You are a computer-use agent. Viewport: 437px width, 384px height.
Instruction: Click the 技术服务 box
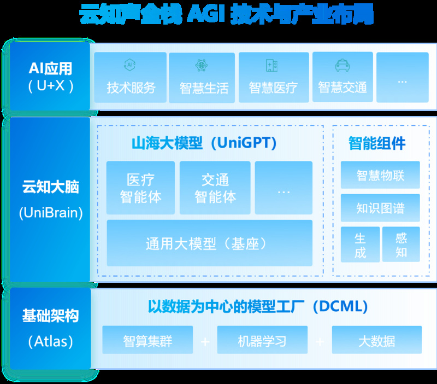coord(130,77)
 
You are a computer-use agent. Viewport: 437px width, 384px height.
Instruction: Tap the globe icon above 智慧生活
coord(201,65)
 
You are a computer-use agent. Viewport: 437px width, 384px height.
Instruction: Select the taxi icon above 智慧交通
coord(342,65)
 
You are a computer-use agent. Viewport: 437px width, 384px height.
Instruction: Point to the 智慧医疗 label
coord(273,88)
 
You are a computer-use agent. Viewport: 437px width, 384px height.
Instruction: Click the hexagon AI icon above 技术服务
coord(129,65)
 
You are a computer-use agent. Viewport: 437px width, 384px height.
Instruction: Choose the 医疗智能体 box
coord(140,188)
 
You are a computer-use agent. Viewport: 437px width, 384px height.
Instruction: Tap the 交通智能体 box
coord(215,188)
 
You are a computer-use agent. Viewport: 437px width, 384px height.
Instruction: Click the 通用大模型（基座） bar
coord(210,243)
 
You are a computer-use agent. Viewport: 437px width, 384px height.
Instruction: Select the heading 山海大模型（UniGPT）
coord(204,143)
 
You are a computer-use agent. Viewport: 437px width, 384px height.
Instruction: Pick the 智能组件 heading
coord(377,143)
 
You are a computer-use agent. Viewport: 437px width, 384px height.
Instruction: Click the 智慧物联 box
coord(380,175)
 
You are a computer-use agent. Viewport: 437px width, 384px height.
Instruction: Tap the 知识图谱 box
coord(380,208)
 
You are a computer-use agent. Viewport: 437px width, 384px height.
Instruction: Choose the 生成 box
coord(360,245)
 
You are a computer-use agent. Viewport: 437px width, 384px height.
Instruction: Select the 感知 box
coord(401,245)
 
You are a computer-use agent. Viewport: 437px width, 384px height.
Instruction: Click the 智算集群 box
coord(147,340)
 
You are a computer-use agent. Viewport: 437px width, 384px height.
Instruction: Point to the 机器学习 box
coord(262,340)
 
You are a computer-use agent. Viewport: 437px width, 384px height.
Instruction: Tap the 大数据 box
coord(377,340)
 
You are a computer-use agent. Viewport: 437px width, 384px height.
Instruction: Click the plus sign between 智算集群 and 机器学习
coord(205,341)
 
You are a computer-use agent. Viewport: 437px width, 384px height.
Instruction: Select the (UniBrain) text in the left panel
coord(51,213)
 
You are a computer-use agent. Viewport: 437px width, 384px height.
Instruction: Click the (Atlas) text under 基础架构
coord(51,341)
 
